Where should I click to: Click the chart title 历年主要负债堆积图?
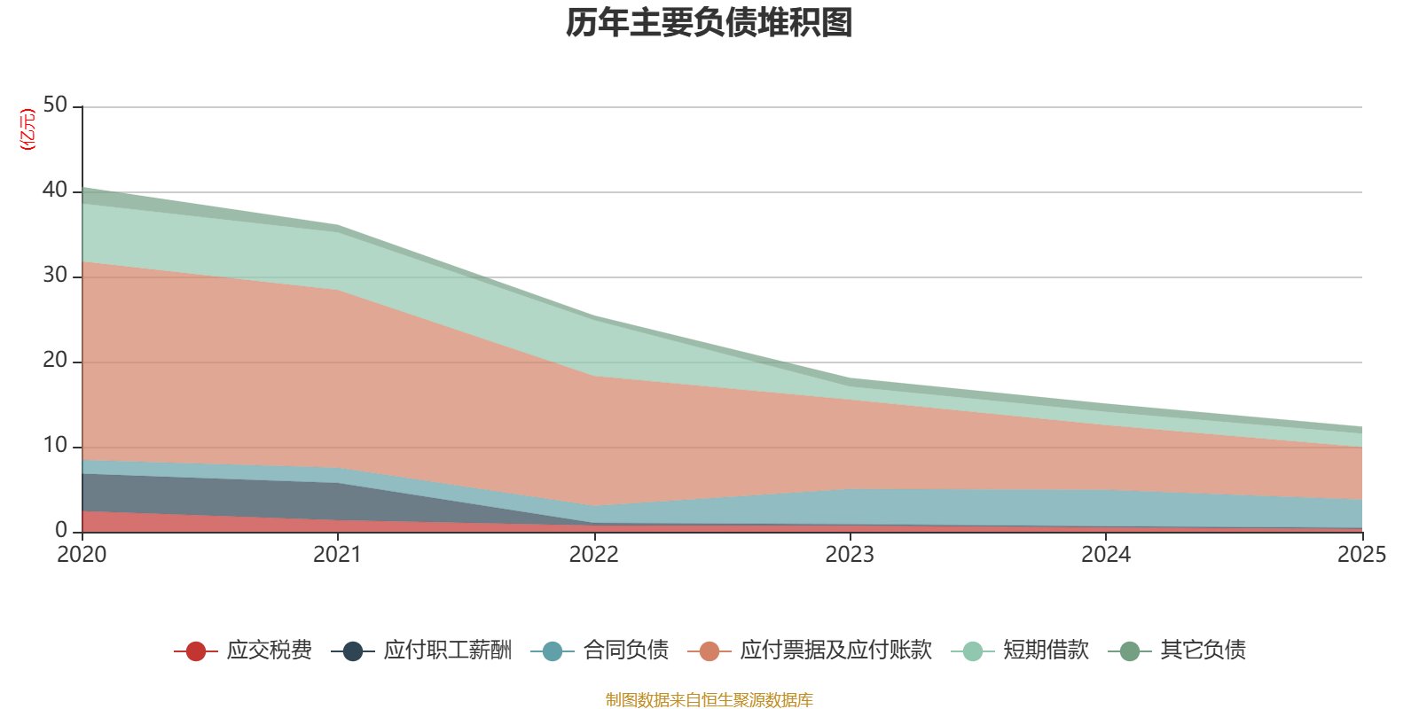(709, 23)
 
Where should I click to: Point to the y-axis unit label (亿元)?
(28, 129)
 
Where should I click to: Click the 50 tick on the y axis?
(55, 105)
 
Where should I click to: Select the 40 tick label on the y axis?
(55, 191)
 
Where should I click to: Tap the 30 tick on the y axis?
(55, 276)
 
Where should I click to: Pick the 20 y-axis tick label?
(55, 361)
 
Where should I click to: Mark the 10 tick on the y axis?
(55, 446)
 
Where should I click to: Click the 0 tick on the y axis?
(61, 530)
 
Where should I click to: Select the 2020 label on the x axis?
(82, 555)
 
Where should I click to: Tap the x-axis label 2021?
(337, 555)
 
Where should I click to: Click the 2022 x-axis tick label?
(593, 555)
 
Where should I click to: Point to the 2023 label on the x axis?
(850, 555)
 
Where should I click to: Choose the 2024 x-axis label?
(1105, 555)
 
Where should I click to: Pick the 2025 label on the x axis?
(1361, 555)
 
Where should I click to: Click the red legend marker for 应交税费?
(196, 651)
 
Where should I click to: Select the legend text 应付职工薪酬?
(447, 651)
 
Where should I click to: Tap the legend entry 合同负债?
(625, 651)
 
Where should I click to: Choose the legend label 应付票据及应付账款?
(835, 651)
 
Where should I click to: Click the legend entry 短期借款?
(1046, 651)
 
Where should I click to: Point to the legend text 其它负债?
(1203, 651)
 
